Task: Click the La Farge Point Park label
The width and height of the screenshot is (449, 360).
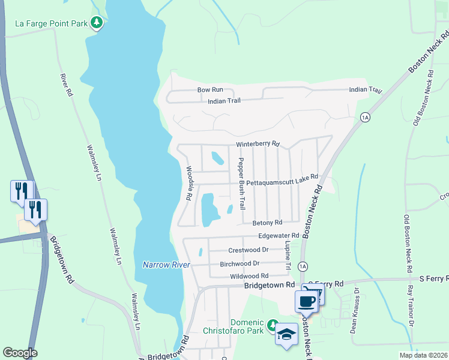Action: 51,24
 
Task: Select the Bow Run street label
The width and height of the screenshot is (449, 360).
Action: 210,90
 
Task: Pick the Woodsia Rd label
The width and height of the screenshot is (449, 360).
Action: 188,183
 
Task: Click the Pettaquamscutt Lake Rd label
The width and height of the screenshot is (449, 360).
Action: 282,181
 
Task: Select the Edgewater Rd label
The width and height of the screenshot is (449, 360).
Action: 279,236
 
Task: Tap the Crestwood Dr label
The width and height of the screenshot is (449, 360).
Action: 248,250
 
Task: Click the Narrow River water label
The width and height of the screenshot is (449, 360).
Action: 166,265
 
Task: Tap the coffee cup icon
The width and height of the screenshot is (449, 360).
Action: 306,301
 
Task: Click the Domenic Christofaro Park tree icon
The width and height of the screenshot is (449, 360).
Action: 273,325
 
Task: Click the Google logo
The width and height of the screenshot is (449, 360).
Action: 20,353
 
